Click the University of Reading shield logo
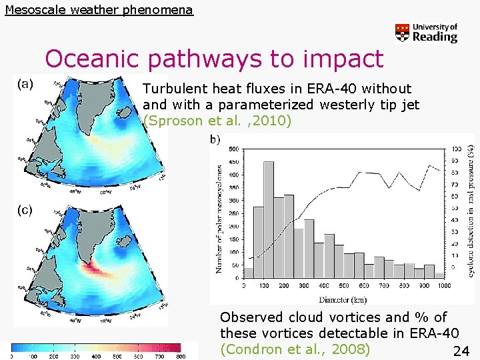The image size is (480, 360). point(402,33)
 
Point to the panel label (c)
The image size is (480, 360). point(25,210)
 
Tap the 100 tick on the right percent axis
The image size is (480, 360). point(456,149)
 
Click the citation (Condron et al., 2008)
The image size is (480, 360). point(295,349)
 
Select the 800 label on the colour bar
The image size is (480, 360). point(181,357)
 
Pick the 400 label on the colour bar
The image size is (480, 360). point(97,357)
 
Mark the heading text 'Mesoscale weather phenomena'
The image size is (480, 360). point(99,10)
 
